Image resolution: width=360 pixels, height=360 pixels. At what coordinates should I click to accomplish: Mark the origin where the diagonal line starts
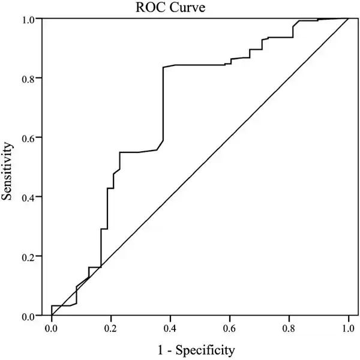pyautogui.click(x=52, y=316)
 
